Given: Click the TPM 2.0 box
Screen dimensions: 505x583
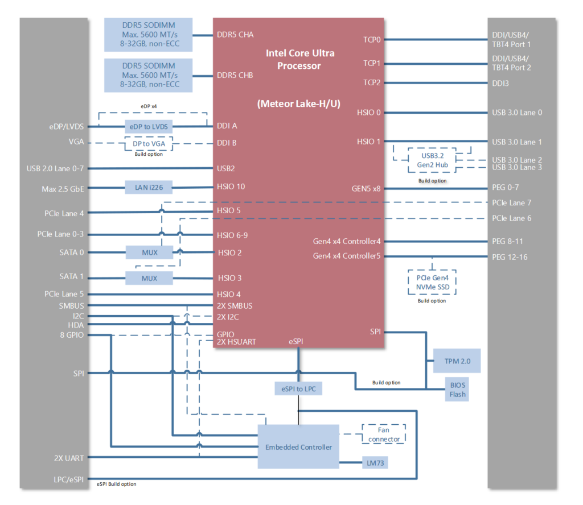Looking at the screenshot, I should (x=457, y=361).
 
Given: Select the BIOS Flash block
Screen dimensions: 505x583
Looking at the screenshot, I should (x=457, y=390).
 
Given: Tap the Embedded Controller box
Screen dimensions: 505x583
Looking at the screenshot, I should (x=298, y=447).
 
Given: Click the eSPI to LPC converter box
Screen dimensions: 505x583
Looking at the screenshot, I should (x=298, y=389).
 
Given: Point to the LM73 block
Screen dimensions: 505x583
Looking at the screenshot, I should (x=373, y=463).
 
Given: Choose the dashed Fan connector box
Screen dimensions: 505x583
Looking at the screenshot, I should (x=384, y=434).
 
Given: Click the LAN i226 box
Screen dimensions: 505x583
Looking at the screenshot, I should (x=149, y=187).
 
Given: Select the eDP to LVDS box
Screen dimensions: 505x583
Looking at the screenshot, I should (x=149, y=126).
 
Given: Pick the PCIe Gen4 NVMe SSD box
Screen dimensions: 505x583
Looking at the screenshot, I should (x=433, y=282).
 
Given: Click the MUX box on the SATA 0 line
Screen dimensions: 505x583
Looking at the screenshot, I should (x=149, y=252).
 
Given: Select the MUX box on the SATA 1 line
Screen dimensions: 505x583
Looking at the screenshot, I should (x=149, y=278).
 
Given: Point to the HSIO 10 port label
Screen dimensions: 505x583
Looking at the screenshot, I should (x=231, y=187).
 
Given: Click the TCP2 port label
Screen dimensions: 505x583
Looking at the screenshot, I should (x=372, y=83).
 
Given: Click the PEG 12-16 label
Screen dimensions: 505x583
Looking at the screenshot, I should (x=510, y=257).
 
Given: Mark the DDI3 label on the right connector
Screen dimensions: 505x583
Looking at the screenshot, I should (x=500, y=83).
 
